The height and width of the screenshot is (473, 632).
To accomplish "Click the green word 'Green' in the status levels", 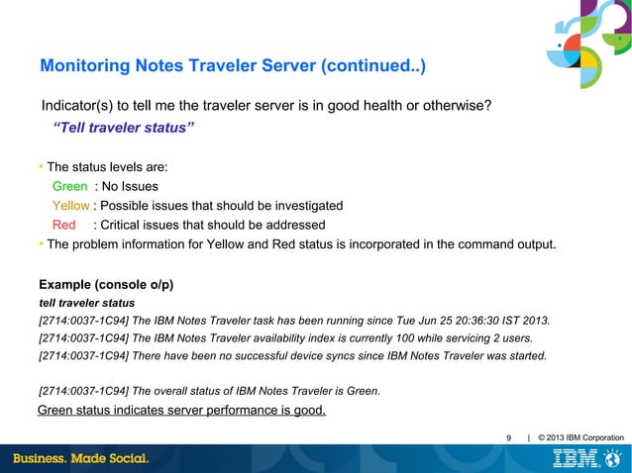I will pos(69,186).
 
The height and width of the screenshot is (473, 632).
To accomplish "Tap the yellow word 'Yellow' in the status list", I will pos(71,206).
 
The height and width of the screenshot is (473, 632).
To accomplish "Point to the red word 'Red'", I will pos(64,225).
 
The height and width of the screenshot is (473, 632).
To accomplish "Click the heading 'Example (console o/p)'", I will pos(106,284).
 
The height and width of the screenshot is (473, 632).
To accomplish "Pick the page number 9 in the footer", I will pos(509,437).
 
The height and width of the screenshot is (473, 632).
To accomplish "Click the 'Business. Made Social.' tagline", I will pos(81,459).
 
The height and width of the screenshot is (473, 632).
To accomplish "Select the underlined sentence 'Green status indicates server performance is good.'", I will pos(181,411).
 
